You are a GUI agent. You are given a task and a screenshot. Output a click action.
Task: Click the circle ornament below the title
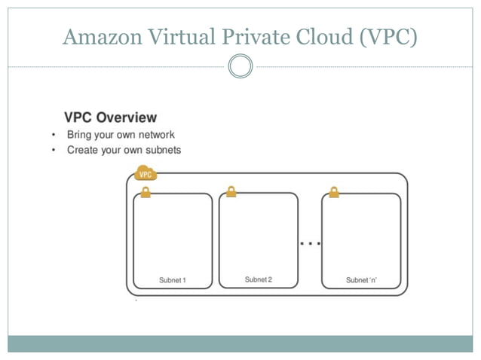point(240,66)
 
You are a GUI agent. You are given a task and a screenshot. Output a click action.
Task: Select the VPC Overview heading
point(110,117)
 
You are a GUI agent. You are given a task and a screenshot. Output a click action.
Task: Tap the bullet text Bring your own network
point(121,135)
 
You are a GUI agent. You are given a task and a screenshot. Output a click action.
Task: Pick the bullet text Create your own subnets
point(124,150)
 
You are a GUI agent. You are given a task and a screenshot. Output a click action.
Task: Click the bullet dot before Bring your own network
point(54,136)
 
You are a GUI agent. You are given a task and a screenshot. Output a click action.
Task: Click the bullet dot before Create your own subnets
point(54,151)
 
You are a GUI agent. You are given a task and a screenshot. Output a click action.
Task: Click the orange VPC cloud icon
point(146,174)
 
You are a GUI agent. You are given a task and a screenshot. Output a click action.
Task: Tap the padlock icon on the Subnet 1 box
point(146,193)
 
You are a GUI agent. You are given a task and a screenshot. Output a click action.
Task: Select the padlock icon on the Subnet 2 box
point(231,191)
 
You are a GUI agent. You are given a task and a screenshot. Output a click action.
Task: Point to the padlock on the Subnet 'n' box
point(334,192)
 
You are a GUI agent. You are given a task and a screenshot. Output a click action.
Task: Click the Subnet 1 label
point(172,280)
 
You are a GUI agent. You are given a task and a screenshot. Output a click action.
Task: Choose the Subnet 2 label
point(258,279)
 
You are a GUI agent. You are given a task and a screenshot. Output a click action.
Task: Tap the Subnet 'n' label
point(361,280)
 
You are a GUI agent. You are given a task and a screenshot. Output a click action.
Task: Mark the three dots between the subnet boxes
point(310,243)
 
